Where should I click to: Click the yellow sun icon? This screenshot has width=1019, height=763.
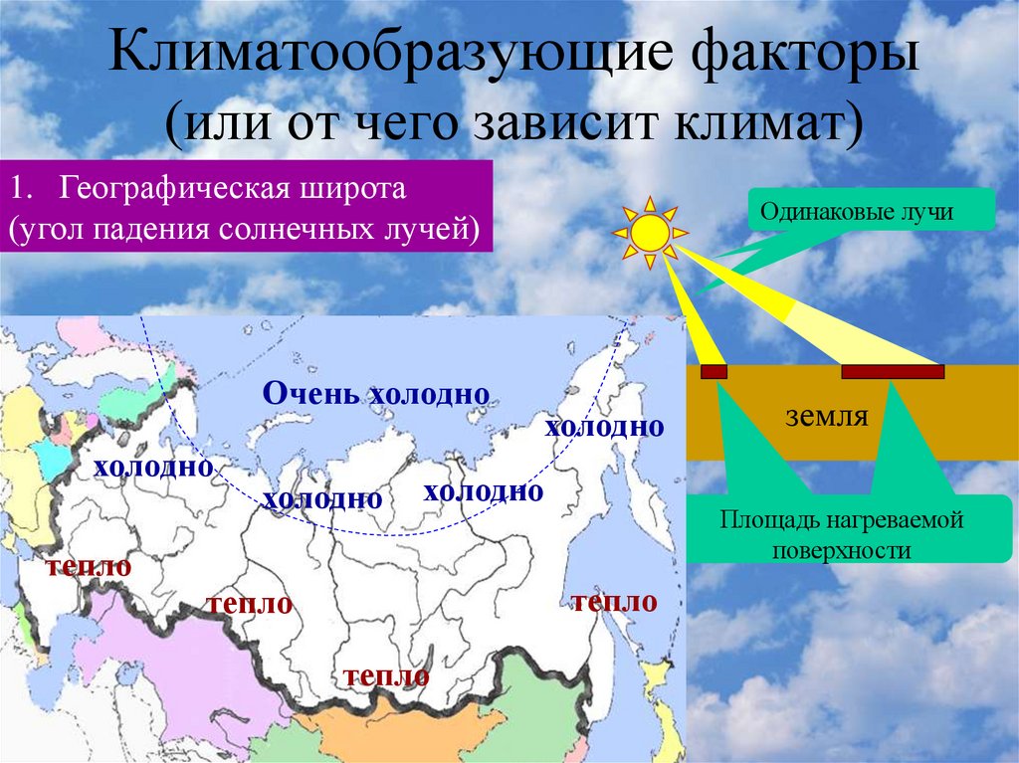coord(651,234)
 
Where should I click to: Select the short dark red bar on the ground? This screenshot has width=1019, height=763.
coord(714,372)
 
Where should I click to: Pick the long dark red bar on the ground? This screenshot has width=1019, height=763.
coord(893,372)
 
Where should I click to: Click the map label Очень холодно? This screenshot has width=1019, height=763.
coord(375,393)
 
